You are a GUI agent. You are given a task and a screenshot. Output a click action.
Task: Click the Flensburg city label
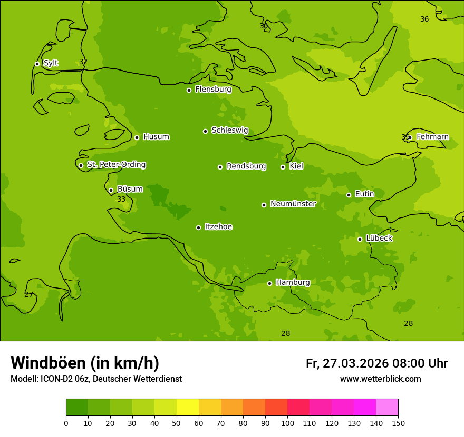click(213, 90)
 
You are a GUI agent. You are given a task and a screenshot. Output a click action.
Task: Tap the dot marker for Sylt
click(37, 64)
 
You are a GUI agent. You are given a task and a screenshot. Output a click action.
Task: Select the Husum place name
click(156, 137)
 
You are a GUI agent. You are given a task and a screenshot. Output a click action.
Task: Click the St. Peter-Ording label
click(116, 165)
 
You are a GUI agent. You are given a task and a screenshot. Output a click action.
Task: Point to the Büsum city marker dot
click(111, 190)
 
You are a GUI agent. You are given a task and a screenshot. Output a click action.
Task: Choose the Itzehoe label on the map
click(218, 227)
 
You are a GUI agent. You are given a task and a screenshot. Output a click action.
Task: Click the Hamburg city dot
click(269, 283)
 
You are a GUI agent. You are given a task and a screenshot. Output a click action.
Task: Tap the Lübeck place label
click(379, 239)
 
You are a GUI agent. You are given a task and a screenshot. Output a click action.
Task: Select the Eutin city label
click(364, 194)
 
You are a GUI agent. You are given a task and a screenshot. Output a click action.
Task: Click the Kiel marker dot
click(283, 167)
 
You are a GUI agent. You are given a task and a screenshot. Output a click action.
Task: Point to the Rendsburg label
click(246, 166)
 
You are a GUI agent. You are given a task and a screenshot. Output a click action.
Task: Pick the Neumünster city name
click(293, 204)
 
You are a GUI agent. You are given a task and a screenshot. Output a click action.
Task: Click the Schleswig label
click(229, 131)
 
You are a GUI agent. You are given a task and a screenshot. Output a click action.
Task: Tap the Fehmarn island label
click(432, 137)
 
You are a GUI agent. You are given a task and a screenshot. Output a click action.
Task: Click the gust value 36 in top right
click(424, 19)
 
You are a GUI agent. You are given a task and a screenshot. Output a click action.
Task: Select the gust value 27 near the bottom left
click(28, 295)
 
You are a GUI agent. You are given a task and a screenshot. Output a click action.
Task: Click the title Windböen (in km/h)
click(85, 363)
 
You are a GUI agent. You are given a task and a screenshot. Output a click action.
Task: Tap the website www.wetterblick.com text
click(380, 379)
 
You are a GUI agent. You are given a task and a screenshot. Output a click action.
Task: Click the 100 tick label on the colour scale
click(287, 423)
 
